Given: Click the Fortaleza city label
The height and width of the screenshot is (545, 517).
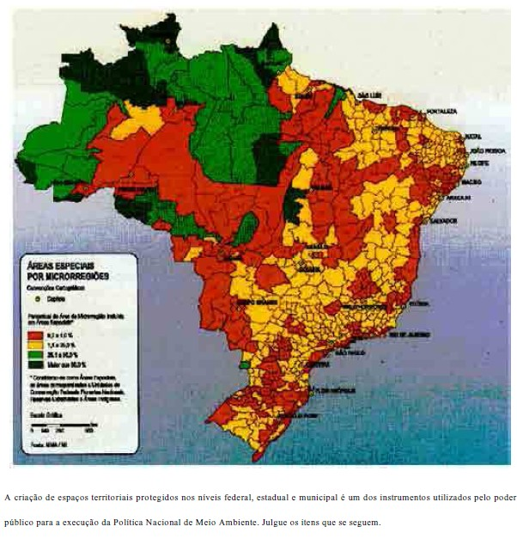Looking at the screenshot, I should point(444,111).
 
